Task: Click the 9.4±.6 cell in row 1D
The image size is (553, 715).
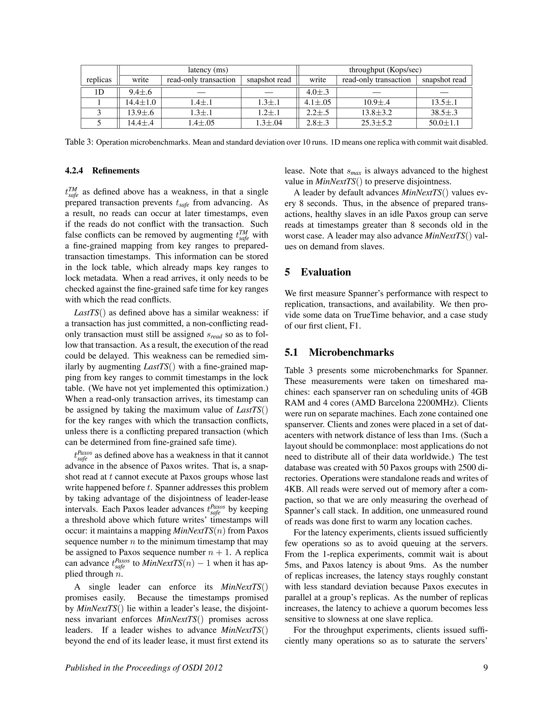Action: pyautogui.click(x=140, y=92)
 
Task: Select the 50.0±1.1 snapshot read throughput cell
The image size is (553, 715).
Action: pyautogui.click(x=444, y=123)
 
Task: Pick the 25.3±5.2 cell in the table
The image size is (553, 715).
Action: pyautogui.click(x=376, y=123)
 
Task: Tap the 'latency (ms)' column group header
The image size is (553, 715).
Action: pyautogui.click(x=208, y=70)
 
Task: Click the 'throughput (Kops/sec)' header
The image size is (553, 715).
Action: pyautogui.click(x=385, y=70)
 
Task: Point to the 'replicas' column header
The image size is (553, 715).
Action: pyautogui.click(x=99, y=80)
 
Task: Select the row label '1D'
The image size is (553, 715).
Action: pyautogui.click(x=99, y=92)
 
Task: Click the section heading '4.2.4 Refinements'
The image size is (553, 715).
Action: pyautogui.click(x=102, y=171)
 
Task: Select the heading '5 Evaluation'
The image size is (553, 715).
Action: pyautogui.click(x=318, y=272)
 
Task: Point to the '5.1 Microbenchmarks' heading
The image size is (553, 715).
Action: pyautogui.click(x=339, y=352)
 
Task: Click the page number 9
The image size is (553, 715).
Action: pyautogui.click(x=485, y=668)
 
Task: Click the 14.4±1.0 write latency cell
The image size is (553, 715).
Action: pyautogui.click(x=140, y=103)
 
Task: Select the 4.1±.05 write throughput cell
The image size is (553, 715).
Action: pyautogui.click(x=318, y=103)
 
